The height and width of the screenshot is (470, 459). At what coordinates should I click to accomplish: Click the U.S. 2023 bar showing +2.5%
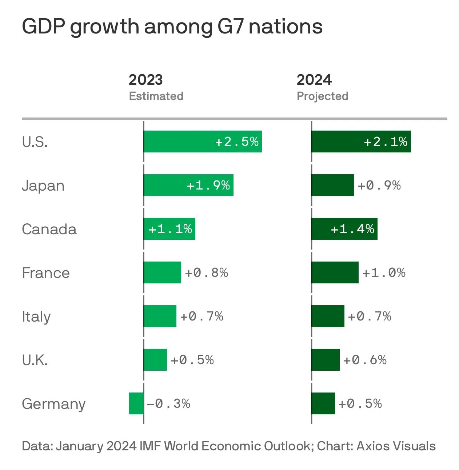[202, 142]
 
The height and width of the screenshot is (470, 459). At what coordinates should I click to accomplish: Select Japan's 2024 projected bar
[332, 185]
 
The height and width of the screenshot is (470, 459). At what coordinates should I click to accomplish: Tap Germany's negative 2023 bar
[136, 403]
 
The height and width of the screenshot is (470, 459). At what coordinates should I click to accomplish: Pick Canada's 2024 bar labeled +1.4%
[344, 229]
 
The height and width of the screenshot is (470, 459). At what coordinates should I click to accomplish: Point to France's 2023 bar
[162, 272]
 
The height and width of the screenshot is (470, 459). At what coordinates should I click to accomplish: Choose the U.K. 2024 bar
[326, 360]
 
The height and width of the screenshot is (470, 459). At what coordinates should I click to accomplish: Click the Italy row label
[36, 316]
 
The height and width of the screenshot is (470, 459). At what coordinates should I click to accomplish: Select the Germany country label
[53, 404]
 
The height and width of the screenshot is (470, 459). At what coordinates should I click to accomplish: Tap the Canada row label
[49, 229]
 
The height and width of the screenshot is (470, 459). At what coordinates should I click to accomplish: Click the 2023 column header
[145, 80]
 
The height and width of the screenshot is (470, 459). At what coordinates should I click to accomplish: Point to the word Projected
[322, 96]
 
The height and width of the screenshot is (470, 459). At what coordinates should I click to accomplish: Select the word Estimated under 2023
[156, 96]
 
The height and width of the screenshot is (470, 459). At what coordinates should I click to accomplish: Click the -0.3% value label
[168, 403]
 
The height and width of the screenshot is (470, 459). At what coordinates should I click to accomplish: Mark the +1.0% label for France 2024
[384, 272]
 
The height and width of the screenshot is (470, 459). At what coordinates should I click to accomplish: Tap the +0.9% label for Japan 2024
[379, 185]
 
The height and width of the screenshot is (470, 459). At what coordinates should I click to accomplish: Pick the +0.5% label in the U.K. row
[192, 360]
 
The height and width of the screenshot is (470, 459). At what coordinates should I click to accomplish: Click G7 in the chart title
[230, 27]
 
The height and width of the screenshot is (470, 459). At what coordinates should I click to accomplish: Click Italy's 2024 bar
[328, 316]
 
